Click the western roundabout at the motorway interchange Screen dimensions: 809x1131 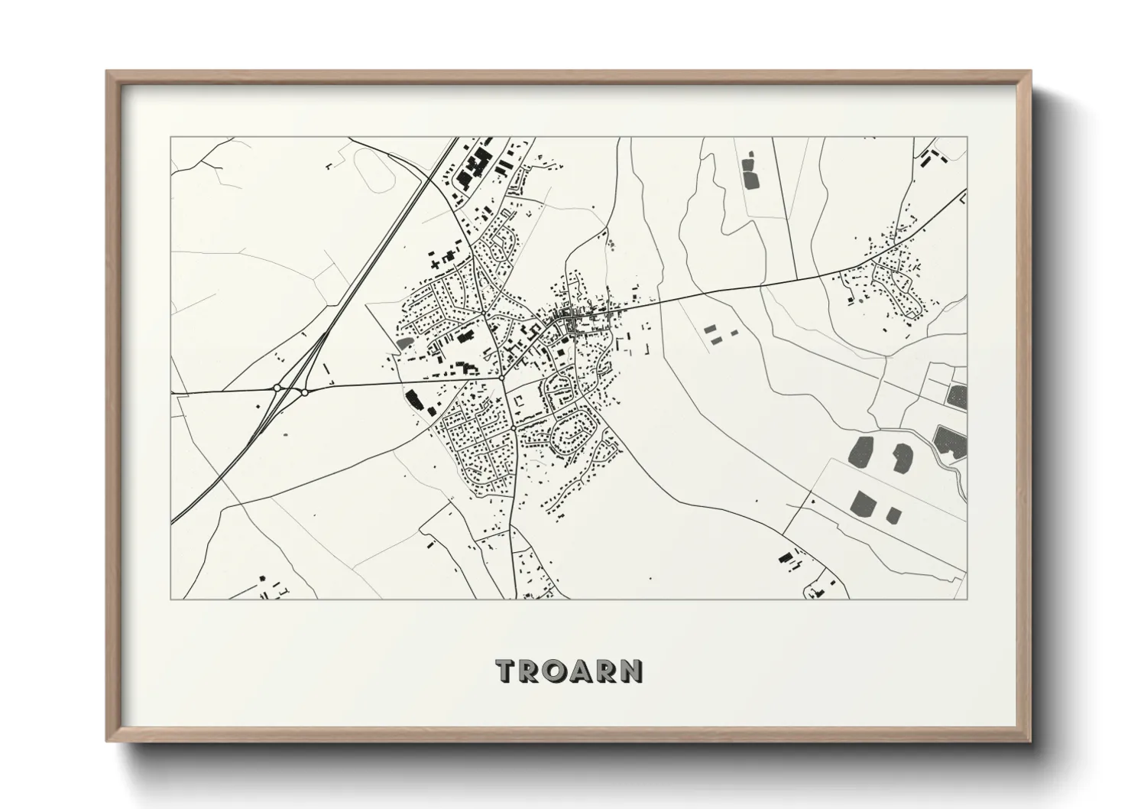(277, 388)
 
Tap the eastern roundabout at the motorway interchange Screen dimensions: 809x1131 (304, 392)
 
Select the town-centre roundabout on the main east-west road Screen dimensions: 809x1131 (501, 377)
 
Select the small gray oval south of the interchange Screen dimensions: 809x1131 (287, 435)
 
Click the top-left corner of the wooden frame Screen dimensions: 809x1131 (107, 72)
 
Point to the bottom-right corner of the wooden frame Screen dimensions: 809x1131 (1029, 740)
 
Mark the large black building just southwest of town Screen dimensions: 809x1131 (413, 399)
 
